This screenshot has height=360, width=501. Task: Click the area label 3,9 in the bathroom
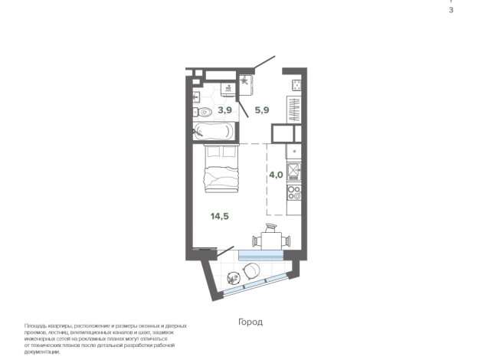(225, 110)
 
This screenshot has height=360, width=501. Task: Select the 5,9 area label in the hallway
(262, 110)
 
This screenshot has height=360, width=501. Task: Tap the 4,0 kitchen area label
(276, 175)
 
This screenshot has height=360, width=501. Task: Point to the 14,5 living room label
(220, 216)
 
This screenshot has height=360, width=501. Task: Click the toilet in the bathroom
(202, 112)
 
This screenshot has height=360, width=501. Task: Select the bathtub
(214, 131)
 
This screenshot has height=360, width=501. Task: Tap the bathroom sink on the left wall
(196, 97)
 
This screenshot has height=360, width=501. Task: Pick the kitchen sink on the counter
(293, 172)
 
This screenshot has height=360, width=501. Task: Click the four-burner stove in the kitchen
(294, 192)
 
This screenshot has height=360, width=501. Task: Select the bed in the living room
(222, 169)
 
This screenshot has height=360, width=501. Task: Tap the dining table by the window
(272, 241)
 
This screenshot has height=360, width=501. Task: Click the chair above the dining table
(271, 227)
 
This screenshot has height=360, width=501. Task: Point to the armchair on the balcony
(251, 271)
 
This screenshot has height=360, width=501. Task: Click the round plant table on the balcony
(233, 278)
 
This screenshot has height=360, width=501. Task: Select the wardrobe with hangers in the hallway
(294, 110)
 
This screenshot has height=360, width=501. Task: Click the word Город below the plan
(250, 322)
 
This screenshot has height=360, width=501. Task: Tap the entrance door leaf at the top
(264, 62)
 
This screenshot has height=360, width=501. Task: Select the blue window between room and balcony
(261, 255)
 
